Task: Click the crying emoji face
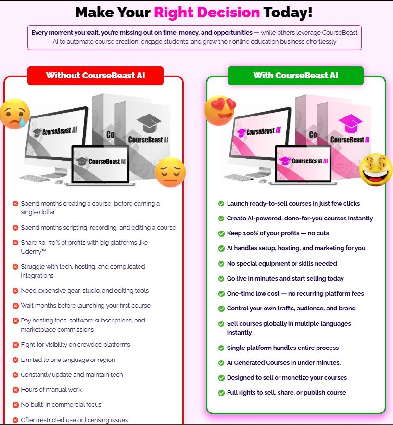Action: (15, 114)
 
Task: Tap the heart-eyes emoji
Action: (220, 110)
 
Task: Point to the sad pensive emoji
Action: (170, 172)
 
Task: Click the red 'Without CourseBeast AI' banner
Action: (95, 76)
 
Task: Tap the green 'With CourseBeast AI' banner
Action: (296, 76)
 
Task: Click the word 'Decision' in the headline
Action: (207, 13)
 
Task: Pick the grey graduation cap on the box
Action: (149, 123)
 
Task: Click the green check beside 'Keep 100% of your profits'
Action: (221, 233)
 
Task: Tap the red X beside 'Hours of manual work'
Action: (15, 390)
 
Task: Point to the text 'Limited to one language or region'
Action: (68, 360)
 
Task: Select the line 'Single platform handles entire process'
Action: (283, 348)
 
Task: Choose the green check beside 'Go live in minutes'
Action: (221, 279)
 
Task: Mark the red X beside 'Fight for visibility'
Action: (15, 345)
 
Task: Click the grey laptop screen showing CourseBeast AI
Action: (101, 164)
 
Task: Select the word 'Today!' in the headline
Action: (288, 13)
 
